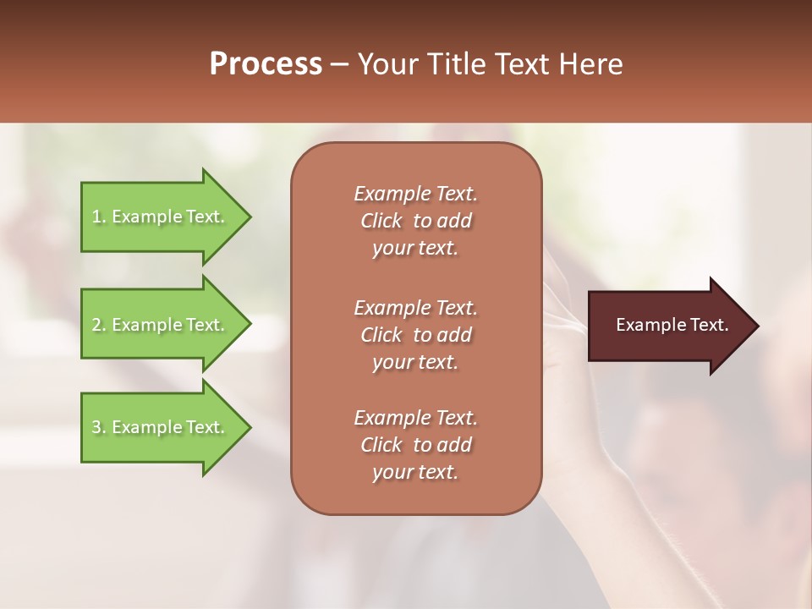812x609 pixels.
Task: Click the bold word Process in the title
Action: click(x=266, y=64)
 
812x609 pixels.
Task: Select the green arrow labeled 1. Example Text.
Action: click(x=161, y=217)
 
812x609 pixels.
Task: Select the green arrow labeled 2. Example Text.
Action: click(x=161, y=325)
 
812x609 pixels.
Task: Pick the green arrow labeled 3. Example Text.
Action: click(x=161, y=427)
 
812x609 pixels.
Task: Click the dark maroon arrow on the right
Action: click(x=668, y=326)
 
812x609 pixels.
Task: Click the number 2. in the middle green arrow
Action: click(x=99, y=325)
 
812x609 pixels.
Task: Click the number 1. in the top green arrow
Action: click(x=99, y=217)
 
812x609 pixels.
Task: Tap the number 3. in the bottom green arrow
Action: click(x=99, y=427)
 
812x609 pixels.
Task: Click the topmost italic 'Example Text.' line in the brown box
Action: click(x=415, y=194)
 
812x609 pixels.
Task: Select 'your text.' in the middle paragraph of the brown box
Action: click(x=415, y=362)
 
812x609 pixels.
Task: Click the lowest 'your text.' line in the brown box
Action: click(x=415, y=473)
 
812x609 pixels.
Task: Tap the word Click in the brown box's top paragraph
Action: click(x=381, y=222)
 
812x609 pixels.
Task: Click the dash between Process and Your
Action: click(x=339, y=64)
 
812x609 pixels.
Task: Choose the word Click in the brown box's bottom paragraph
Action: click(x=381, y=445)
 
